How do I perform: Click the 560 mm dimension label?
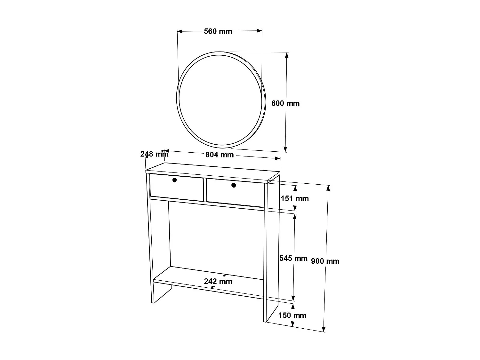(218, 31)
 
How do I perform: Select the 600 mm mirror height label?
(285, 103)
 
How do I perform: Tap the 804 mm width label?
(220, 155)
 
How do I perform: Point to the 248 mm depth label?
(154, 154)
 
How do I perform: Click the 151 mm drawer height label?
(295, 199)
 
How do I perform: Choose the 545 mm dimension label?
(293, 258)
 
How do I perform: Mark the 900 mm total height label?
(325, 261)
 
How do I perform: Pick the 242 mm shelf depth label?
(218, 282)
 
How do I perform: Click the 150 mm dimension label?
(292, 316)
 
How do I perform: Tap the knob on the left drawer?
(174, 180)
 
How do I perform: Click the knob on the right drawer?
(234, 185)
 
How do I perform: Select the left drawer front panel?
(176, 188)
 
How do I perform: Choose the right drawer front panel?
(235, 193)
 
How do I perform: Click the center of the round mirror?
(221, 100)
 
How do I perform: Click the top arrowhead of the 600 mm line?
(287, 54)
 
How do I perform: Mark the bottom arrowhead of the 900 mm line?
(324, 329)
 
